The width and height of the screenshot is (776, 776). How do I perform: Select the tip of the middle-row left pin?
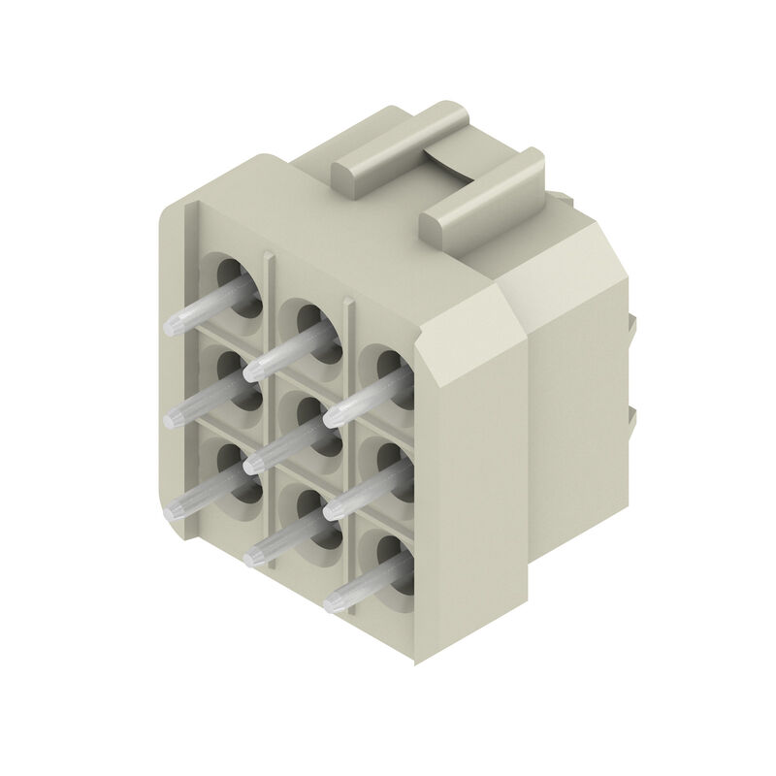click(175, 417)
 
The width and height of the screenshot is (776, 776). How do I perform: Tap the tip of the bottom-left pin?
click(175, 508)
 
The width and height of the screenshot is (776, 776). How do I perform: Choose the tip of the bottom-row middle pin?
click(254, 555)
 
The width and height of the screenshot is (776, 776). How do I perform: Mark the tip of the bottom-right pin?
click(332, 600)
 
